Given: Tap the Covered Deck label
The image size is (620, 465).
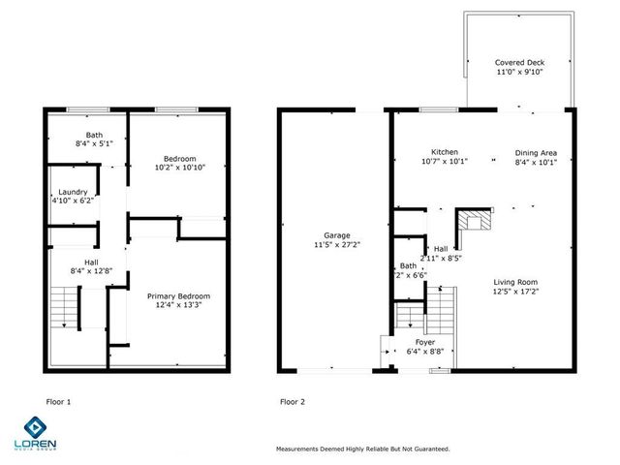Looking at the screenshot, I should (518, 61).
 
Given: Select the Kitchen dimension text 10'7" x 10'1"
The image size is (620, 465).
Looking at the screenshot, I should (444, 162).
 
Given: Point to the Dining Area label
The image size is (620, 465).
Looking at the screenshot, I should (536, 152).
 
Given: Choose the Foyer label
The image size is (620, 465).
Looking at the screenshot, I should (424, 342).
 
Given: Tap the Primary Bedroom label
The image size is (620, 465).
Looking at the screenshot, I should (177, 295).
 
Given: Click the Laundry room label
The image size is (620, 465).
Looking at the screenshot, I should (74, 192).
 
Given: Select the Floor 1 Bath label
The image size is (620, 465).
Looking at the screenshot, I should (94, 136).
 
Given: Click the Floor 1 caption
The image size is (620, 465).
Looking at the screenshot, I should (58, 400).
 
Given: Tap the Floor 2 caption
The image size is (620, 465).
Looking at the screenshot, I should (292, 400).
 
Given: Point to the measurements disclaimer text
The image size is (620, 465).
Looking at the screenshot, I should (362, 449).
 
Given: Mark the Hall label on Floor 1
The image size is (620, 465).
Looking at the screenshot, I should (89, 262).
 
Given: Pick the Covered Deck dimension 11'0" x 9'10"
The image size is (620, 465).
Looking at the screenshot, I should (518, 71).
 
